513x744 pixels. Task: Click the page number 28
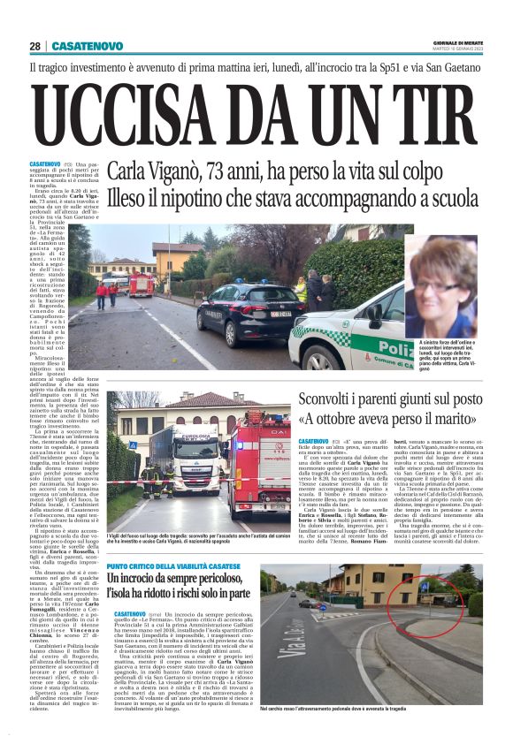pyautogui.click(x=34, y=45)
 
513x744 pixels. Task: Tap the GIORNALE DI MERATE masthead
pyautogui.click(x=457, y=42)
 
